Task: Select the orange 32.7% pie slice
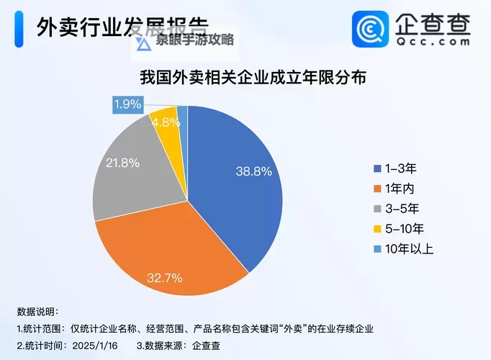(x=173, y=252)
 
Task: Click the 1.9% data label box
(x=127, y=104)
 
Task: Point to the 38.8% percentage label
(x=253, y=171)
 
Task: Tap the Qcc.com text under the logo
(x=432, y=42)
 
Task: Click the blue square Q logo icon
(x=371, y=30)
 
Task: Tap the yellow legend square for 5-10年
(x=376, y=229)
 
